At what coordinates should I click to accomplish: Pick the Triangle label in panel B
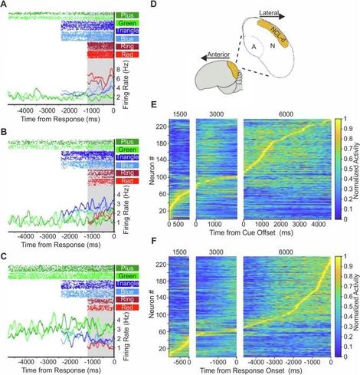[x=126, y=153]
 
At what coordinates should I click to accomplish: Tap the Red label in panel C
[x=126, y=307]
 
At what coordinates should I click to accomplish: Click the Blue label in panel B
[x=126, y=163]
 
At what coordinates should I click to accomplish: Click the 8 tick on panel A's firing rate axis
[x=118, y=67]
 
